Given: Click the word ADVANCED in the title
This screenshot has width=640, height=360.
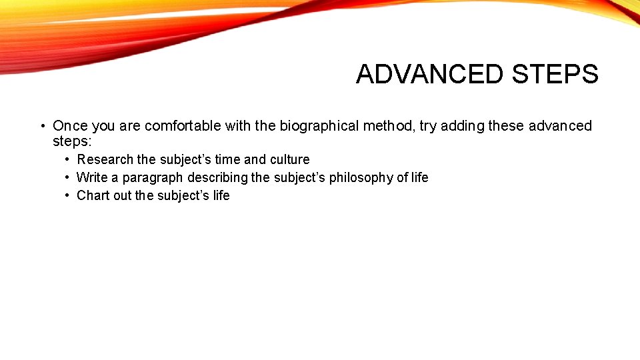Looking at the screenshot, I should point(431,74).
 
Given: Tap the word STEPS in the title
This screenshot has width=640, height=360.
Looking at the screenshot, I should point(555,74).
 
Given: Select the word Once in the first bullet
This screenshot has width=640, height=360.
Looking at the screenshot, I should point(70,126).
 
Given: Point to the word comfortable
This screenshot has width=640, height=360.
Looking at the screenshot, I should point(183,126).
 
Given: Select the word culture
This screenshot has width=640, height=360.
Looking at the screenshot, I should point(290,160).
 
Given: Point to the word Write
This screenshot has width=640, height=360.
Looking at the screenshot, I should point(92,178).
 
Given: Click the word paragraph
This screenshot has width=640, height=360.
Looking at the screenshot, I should point(153,178).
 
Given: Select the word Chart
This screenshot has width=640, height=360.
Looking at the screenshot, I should point(93,196).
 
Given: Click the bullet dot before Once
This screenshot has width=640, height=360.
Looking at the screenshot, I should point(41,126).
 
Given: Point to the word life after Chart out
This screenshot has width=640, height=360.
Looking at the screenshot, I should point(221,196).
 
